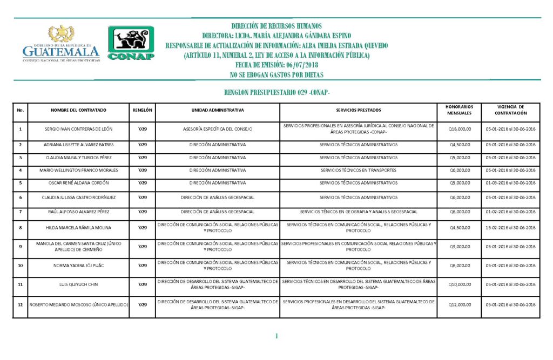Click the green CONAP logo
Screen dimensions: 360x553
131,43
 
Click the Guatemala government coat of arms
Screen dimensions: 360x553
62,34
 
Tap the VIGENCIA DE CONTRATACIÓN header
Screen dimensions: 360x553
510,110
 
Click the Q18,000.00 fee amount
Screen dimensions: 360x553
460,130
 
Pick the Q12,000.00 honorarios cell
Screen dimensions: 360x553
460,305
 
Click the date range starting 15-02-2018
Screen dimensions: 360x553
510,228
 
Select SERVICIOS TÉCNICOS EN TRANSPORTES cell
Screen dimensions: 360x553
358,171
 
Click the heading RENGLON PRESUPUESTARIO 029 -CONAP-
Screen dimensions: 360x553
276,93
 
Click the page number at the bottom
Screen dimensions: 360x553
276,336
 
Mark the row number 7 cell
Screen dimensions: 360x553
20,212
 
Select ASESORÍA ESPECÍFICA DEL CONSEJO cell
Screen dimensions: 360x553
218,130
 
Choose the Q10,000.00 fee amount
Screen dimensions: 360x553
460,284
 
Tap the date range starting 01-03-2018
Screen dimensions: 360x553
510,183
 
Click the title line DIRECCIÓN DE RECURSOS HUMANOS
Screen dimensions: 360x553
276,26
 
